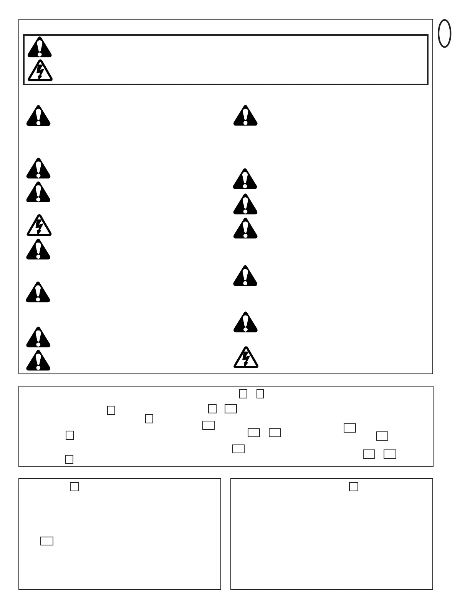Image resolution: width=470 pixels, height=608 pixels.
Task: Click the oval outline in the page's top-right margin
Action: (x=444, y=34)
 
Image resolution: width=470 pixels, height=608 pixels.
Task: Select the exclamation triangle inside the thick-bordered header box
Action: (x=39, y=48)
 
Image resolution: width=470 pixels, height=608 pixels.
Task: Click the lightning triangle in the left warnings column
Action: (x=39, y=226)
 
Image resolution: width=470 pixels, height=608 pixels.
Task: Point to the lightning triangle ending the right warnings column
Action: (x=246, y=358)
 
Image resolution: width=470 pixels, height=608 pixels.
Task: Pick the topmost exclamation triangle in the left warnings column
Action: (x=38, y=116)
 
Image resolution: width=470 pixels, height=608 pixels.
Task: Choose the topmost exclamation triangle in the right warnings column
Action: (x=245, y=116)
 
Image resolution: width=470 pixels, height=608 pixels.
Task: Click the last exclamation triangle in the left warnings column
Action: (x=38, y=361)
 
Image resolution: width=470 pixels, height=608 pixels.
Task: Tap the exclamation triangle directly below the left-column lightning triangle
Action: (x=38, y=250)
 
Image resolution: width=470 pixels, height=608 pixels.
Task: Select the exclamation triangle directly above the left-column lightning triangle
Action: (x=38, y=193)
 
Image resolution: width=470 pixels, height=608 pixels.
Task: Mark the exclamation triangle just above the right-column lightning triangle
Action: (x=245, y=323)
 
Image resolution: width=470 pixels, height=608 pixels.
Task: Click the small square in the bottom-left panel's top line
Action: (x=74, y=487)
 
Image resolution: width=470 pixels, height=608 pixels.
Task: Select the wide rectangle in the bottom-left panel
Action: (x=47, y=541)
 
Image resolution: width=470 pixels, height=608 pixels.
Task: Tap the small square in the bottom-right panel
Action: (x=354, y=487)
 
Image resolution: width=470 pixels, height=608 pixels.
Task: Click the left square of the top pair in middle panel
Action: (x=243, y=394)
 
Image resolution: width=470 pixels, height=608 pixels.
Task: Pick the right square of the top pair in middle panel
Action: (x=260, y=394)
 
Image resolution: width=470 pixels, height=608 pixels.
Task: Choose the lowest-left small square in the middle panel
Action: (x=69, y=459)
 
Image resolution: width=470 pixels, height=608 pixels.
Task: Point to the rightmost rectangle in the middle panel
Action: (x=390, y=454)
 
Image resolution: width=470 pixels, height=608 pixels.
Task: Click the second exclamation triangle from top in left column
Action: (x=38, y=169)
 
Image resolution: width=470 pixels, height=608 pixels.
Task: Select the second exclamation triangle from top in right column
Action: (x=245, y=179)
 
